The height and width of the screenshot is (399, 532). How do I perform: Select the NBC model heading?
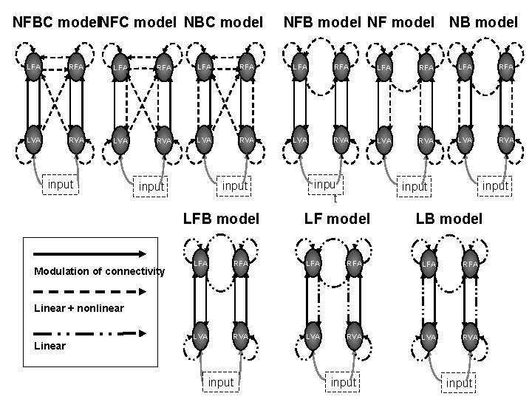223,22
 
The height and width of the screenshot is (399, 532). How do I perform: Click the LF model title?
337,218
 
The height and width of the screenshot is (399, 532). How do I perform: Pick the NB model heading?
483,22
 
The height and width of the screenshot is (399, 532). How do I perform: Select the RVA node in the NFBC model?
75,140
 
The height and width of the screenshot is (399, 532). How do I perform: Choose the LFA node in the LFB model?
199,262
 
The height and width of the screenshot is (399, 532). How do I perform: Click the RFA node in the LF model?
355,262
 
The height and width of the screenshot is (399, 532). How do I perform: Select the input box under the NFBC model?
61,183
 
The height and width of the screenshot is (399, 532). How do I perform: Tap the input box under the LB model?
459,382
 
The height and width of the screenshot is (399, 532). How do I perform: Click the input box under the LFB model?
220,382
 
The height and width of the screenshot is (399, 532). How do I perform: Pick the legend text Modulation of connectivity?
99,271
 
